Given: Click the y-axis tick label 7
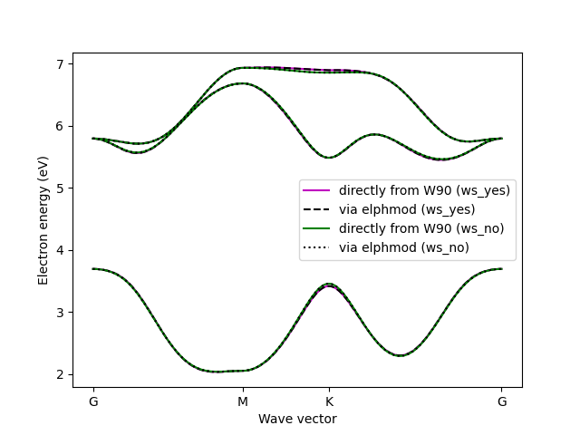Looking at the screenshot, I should point(62,64).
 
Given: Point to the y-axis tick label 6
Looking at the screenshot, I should point(62,126).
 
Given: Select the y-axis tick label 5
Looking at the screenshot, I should point(62,188).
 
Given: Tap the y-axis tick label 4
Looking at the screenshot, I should point(62,250).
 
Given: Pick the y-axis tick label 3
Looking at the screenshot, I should point(62,313).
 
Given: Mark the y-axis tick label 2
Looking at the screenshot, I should point(62,374).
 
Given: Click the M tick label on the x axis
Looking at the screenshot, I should point(242,401).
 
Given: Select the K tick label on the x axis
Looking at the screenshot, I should point(329,401).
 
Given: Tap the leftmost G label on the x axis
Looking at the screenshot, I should point(93,401).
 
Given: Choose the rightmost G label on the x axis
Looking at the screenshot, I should point(501,401).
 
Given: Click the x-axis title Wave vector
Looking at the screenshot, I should point(297,419).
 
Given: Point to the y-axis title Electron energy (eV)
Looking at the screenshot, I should point(43,219).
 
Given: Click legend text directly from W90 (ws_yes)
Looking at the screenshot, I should point(424,190).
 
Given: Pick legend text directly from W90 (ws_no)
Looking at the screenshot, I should point(421,227).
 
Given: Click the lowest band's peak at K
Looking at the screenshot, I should point(329,285).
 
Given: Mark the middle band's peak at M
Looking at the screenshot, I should point(242,83).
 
